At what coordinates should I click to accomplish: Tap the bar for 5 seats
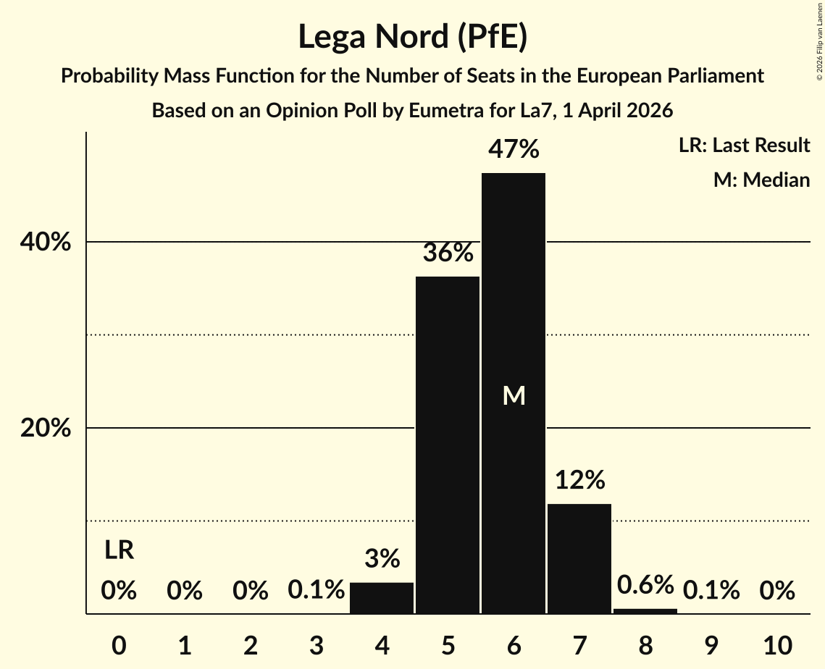point(448,445)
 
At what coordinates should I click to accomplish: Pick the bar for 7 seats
point(579,558)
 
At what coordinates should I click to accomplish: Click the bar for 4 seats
point(382,598)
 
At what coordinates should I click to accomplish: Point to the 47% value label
point(514,150)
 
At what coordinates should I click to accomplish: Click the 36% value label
point(448,253)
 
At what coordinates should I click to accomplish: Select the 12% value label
point(579,480)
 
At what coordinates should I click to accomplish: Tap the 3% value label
point(382,559)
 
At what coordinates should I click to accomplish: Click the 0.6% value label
point(645,584)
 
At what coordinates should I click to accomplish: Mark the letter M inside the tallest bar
point(514,396)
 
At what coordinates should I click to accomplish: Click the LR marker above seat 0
point(119,550)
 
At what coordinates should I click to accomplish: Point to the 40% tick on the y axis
point(46,243)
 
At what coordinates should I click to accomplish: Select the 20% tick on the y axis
point(46,429)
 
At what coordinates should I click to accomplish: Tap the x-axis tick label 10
point(777,644)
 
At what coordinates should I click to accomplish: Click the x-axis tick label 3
point(316,644)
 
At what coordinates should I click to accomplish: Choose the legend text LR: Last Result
point(744,146)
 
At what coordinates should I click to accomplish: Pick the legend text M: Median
point(761,180)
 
